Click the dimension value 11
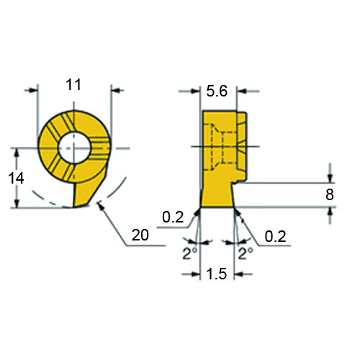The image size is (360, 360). [x=73, y=85]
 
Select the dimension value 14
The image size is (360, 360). [x=16, y=179]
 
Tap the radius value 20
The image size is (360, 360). [x=140, y=235]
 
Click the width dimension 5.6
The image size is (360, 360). [x=217, y=91]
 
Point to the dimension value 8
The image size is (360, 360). [x=330, y=194]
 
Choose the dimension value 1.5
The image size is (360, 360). [x=217, y=274]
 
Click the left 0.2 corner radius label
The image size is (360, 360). [x=173, y=217]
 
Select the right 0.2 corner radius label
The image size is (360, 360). [x=275, y=236]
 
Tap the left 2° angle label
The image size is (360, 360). [x=190, y=253]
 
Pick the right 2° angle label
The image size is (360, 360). [x=246, y=253]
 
